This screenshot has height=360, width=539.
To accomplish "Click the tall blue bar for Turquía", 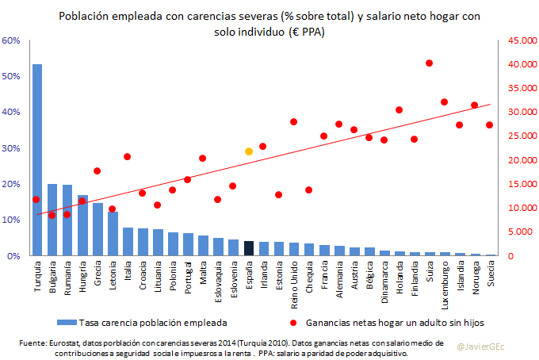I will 37,159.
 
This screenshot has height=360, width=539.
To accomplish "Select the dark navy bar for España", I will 249,249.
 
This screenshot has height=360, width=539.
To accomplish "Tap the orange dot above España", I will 249,151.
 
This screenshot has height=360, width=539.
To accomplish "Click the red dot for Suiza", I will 429,63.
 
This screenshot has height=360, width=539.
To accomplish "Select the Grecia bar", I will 97,229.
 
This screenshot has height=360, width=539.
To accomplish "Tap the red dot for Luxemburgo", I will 444,101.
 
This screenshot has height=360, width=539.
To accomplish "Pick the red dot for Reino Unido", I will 293,121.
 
